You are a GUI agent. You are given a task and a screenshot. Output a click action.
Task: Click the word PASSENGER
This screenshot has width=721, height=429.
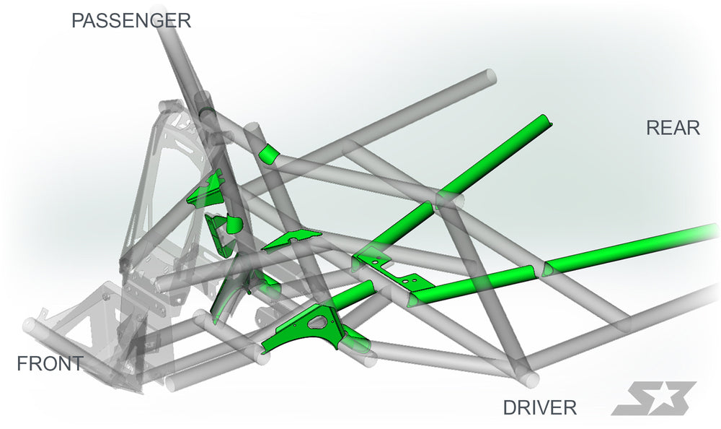click(x=131, y=21)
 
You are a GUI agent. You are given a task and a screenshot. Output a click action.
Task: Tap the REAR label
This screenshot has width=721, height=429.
click(x=673, y=128)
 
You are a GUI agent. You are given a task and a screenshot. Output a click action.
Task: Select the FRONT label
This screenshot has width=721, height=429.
click(x=50, y=364)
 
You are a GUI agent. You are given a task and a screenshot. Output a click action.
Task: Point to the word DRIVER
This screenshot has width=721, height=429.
click(x=540, y=408)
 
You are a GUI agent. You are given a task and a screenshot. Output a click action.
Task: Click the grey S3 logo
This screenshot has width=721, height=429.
click(x=653, y=398)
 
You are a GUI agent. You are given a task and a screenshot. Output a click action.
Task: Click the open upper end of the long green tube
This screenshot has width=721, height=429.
click(x=546, y=120)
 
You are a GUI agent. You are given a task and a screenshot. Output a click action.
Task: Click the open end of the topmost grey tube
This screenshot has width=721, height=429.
click(x=491, y=77)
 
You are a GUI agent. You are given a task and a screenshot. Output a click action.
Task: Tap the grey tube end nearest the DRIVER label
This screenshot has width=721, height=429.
click(x=528, y=378)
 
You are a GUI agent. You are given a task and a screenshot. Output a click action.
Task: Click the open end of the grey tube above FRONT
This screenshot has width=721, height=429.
click(x=30, y=325)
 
